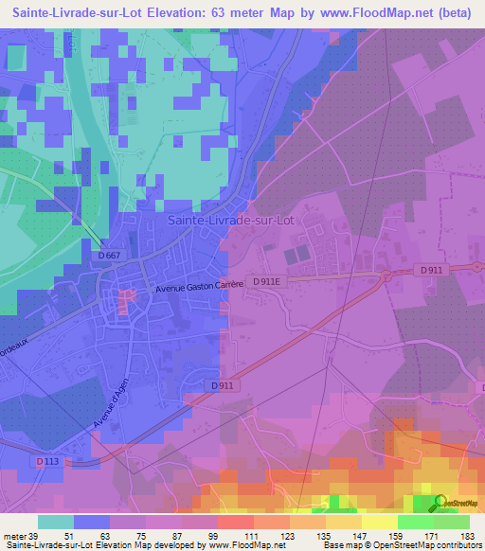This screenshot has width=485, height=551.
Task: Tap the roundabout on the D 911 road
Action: click(x=386, y=275)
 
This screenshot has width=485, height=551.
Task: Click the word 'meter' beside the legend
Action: click(x=14, y=537)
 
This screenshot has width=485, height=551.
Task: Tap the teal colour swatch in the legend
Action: click(x=56, y=522)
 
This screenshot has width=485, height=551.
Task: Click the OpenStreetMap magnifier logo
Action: click(x=440, y=503)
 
